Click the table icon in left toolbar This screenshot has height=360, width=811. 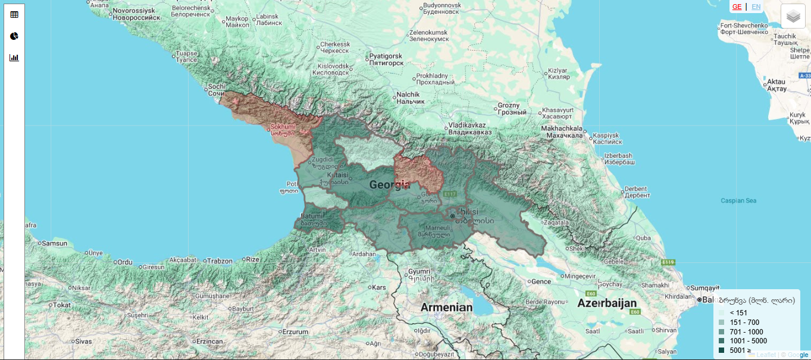click(14, 15)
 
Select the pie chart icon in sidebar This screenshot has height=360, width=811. click(14, 36)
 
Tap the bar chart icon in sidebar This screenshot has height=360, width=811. click(14, 58)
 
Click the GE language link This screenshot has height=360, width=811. click(737, 7)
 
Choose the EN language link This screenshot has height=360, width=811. click(756, 7)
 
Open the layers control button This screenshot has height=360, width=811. click(793, 16)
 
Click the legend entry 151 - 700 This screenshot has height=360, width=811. click(744, 323)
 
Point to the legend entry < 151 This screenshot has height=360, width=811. click(738, 313)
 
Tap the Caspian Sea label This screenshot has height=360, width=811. click(738, 201)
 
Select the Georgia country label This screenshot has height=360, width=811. click(390, 185)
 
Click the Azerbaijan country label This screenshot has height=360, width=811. click(607, 303)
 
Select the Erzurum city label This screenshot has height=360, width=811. click(295, 331)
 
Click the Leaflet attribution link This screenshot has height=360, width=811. click(766, 355)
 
